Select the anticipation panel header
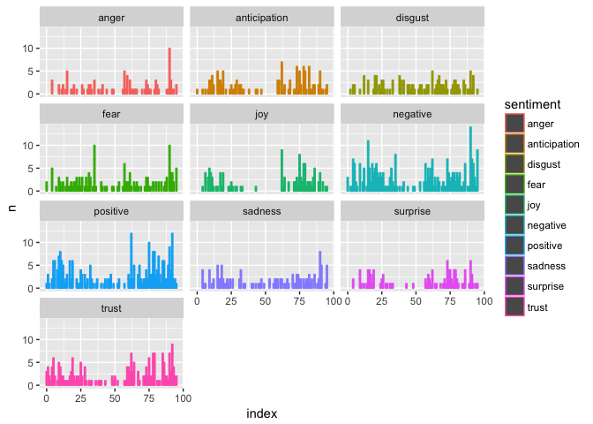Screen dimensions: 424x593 tap(261, 18)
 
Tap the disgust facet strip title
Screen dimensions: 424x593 tap(412, 18)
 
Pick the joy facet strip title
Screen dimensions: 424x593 tap(261, 115)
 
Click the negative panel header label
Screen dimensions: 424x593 tap(412, 115)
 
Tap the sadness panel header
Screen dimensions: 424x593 tap(261, 212)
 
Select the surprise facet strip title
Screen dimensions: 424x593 tap(412, 212)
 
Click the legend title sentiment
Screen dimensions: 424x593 tap(532, 104)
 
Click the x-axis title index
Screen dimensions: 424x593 tap(261, 413)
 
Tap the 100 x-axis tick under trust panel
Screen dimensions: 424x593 tap(184, 399)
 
